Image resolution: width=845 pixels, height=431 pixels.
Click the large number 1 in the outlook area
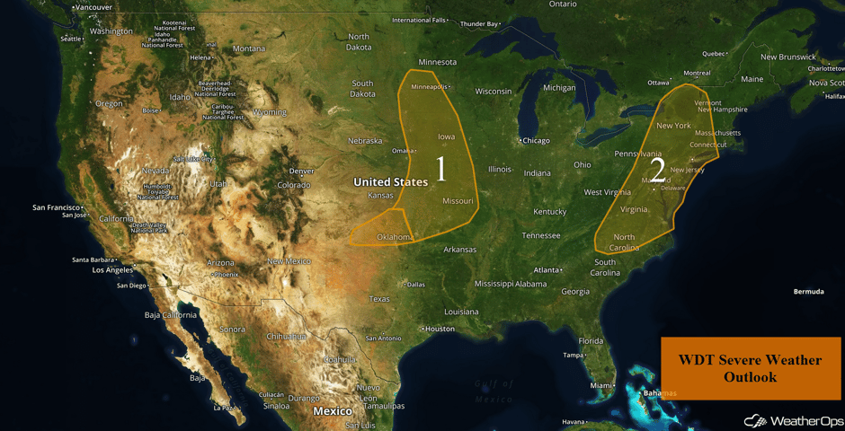click(x=440, y=168)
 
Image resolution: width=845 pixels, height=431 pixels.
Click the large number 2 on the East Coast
click(x=657, y=171)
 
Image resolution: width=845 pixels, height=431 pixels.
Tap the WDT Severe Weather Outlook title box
click(x=750, y=368)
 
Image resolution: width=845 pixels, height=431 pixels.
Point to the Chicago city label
click(x=536, y=140)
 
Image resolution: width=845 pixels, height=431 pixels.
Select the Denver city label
click(x=301, y=171)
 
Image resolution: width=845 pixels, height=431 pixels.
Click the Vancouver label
click(x=93, y=7)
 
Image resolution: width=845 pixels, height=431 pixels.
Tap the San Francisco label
click(x=58, y=207)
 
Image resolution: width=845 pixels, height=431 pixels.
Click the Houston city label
click(x=440, y=329)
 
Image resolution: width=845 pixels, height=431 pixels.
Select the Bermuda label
click(x=808, y=292)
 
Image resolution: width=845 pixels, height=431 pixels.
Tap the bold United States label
click(x=390, y=182)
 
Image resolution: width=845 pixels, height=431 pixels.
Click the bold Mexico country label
click(x=332, y=410)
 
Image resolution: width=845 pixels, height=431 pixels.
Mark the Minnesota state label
click(x=438, y=62)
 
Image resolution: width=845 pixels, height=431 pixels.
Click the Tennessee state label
click(x=541, y=235)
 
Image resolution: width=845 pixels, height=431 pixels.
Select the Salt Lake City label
click(x=193, y=159)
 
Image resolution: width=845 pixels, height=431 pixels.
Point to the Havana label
click(x=573, y=423)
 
